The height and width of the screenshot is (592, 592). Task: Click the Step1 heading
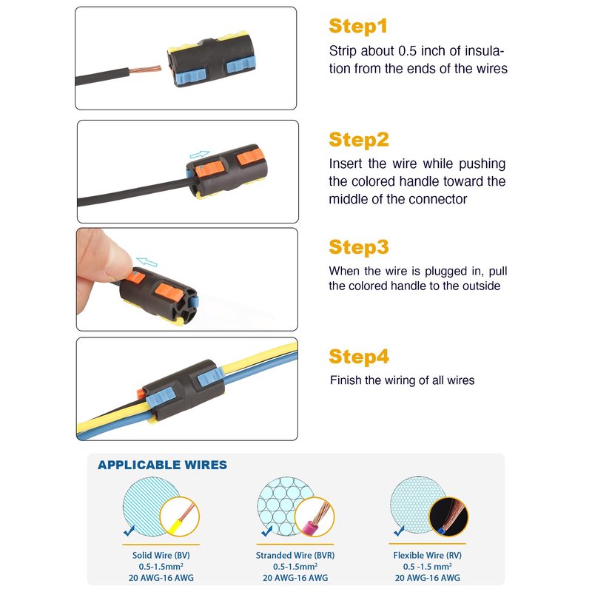tap(358, 27)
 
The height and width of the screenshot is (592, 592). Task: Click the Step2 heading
tap(359, 140)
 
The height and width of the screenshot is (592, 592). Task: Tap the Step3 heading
tap(359, 247)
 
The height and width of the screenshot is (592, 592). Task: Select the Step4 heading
tap(359, 357)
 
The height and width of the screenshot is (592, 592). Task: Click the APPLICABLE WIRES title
tap(162, 465)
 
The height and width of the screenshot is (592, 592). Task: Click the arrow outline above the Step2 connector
tap(199, 154)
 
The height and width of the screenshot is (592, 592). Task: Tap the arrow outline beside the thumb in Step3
tap(147, 262)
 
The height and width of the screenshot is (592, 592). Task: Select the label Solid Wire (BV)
tap(161, 556)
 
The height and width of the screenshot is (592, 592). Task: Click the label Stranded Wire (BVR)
tap(295, 556)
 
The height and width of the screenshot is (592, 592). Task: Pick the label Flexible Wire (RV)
tap(428, 556)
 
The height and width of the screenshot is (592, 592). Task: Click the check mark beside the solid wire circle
tap(129, 531)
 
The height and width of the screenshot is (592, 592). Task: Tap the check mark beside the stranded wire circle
tap(267, 531)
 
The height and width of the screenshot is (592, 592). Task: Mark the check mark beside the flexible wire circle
tap(399, 531)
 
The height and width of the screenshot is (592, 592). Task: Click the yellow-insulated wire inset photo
tap(180, 517)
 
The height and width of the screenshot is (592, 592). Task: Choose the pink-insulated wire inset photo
tap(314, 517)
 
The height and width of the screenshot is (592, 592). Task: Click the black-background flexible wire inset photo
tap(448, 517)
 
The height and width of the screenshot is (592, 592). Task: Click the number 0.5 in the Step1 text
tap(408, 51)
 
